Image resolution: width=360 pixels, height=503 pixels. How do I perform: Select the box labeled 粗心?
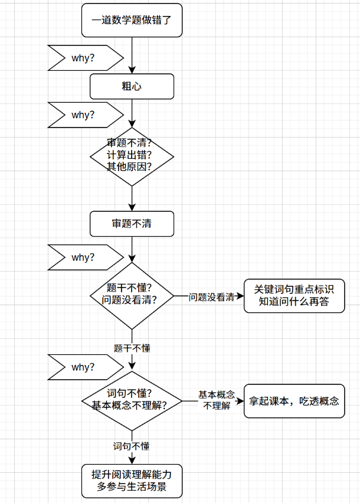[x=132, y=86]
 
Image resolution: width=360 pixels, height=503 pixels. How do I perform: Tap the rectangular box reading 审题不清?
[x=132, y=224]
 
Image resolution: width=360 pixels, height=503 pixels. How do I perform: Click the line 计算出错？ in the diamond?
[x=130, y=155]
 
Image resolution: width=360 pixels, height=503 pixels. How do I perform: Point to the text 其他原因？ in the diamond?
[x=130, y=166]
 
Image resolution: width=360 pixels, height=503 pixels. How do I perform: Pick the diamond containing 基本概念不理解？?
[x=132, y=400]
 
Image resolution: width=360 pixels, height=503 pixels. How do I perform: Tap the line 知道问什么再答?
[x=294, y=302]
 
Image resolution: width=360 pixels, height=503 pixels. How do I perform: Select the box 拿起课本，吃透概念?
[x=294, y=401]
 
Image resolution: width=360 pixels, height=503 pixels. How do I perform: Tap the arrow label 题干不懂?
[x=132, y=348]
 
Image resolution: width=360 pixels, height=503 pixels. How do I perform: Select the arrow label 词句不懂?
[x=132, y=446]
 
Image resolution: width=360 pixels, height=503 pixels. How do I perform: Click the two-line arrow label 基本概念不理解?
[x=216, y=400]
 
